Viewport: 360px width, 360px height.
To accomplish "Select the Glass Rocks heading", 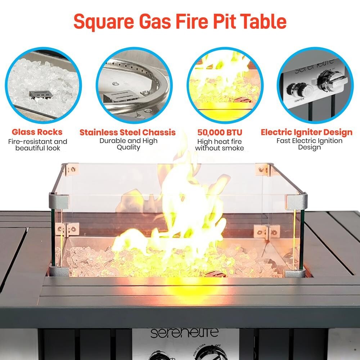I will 37,132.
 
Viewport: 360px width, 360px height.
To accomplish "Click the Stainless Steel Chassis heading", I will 127,132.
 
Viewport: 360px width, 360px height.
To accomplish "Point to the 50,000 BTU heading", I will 220,132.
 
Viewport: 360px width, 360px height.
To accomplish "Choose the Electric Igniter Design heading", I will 306,132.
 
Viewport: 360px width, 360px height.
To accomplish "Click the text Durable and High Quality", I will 128,144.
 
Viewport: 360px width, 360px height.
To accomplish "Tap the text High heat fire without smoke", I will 219,145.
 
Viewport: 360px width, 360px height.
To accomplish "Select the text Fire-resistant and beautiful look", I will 37,145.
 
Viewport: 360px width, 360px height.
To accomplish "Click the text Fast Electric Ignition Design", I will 309,144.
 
